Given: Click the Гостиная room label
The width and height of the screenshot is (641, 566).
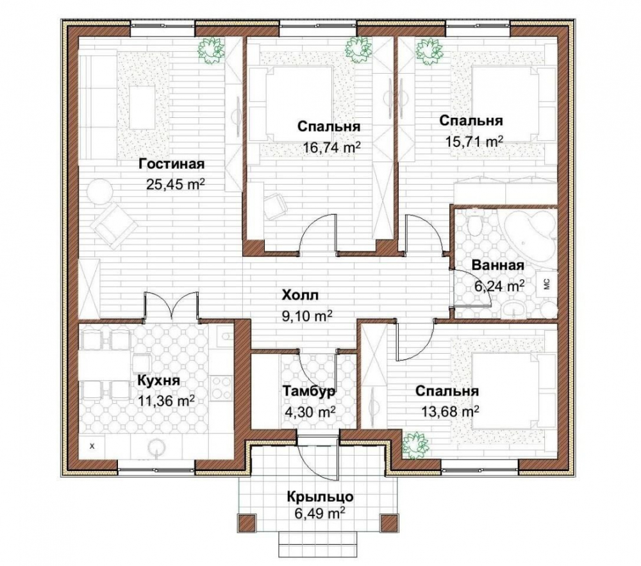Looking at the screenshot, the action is click(171, 164).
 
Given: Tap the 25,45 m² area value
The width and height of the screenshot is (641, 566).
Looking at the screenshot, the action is click(176, 185).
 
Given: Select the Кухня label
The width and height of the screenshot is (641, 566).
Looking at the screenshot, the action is click(158, 381).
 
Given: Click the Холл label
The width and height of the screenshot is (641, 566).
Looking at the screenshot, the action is click(300, 295).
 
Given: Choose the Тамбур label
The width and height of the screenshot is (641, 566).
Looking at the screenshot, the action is click(310, 391).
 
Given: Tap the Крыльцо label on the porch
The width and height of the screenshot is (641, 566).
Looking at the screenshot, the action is click(320, 497).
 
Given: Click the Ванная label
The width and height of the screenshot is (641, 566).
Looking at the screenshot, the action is click(497, 265).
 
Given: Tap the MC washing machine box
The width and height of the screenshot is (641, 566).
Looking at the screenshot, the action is click(548, 283).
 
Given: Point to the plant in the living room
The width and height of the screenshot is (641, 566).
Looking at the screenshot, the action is click(212, 49).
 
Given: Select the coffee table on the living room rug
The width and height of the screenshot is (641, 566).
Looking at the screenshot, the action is click(142, 107).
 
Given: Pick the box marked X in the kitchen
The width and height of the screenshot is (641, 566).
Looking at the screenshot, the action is click(92, 446).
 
